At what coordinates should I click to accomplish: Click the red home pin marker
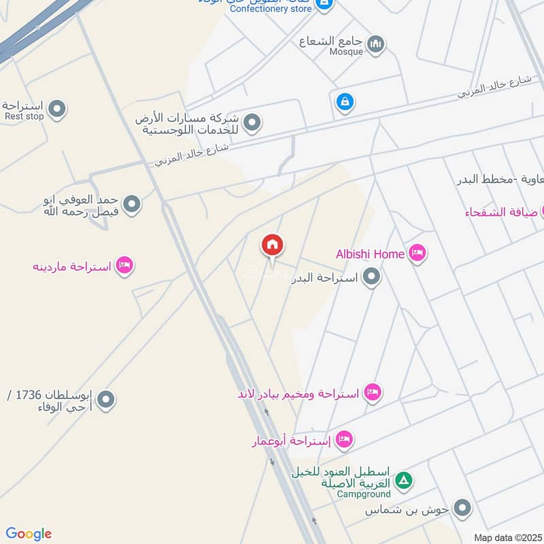273,246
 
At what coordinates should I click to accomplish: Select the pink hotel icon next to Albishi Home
417,254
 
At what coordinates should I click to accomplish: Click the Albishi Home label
370,254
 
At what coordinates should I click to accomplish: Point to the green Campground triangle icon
404,481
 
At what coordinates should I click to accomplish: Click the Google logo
29,534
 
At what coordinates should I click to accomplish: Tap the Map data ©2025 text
507,537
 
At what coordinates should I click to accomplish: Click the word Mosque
346,51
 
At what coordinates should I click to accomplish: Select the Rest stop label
24,116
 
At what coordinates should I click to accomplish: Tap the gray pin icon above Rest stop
57,108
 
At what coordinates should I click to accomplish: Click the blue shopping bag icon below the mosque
345,103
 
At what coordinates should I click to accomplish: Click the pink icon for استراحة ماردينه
124,265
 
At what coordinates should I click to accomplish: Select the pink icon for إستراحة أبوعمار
344,440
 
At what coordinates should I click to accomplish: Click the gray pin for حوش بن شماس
462,508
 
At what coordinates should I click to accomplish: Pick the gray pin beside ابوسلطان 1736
105,400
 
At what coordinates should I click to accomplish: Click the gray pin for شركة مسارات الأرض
252,123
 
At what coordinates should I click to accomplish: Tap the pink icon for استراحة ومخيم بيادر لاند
372,392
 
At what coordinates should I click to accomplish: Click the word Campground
364,494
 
